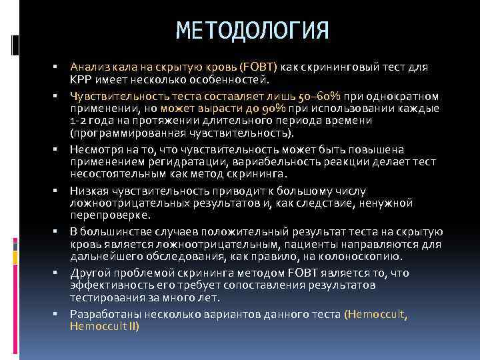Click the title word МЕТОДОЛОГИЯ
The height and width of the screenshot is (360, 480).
tap(253, 31)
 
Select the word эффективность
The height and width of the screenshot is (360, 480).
tap(107, 285)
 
